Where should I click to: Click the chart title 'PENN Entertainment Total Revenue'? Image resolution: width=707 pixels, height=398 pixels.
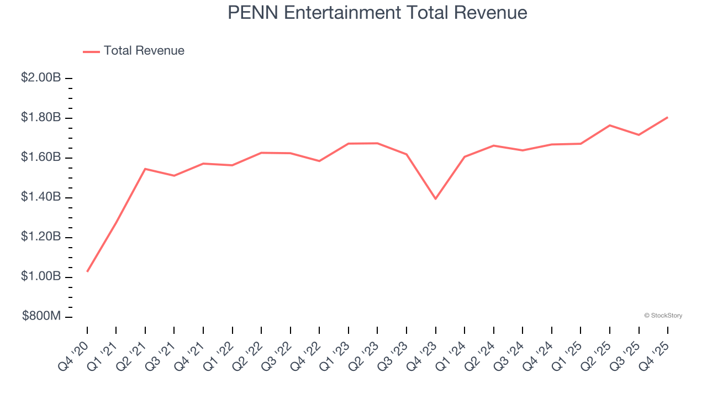pyautogui.click(x=377, y=12)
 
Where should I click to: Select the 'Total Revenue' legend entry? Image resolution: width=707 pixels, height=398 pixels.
pyautogui.click(x=144, y=51)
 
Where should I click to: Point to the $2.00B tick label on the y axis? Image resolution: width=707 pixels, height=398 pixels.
pyautogui.click(x=41, y=78)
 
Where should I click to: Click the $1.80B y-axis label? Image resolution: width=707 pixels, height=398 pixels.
pyautogui.click(x=41, y=118)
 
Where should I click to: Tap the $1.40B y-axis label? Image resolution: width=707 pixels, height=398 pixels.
pyautogui.click(x=41, y=197)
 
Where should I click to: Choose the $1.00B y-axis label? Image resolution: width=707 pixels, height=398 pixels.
pyautogui.click(x=41, y=276)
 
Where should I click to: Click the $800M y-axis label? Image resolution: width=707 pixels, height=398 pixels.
pyautogui.click(x=41, y=316)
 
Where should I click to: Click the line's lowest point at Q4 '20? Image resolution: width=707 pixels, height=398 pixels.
pyautogui.click(x=87, y=271)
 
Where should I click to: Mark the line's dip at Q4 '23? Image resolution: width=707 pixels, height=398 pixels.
pyautogui.click(x=436, y=198)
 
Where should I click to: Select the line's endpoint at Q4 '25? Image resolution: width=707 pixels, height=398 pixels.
pyautogui.click(x=668, y=117)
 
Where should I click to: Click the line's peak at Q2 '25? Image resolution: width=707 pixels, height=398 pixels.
pyautogui.click(x=610, y=125)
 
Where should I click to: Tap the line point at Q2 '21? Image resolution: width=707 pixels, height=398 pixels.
pyautogui.click(x=145, y=169)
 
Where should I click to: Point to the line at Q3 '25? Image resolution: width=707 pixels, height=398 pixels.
pyautogui.click(x=639, y=135)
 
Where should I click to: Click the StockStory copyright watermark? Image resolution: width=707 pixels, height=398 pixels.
pyautogui.click(x=663, y=316)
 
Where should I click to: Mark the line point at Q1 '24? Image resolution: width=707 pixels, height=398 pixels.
pyautogui.click(x=465, y=157)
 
